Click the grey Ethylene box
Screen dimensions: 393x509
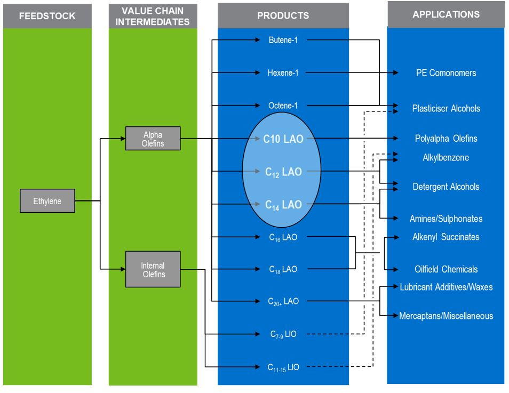(47, 201)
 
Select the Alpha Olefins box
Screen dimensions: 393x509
(153, 139)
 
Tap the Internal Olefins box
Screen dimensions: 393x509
(153, 270)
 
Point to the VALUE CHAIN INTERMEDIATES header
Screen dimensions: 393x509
(153, 15)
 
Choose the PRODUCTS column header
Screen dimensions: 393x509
(283, 15)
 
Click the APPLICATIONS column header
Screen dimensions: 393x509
(446, 14)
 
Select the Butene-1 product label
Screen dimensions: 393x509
(283, 39)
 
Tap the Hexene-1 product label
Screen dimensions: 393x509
(283, 73)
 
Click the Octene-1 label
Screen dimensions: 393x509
(283, 106)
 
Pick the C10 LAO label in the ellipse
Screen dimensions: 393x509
(283, 139)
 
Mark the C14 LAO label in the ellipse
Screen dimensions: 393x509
(283, 204)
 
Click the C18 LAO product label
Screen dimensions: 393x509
(283, 269)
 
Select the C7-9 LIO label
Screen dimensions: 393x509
(283, 334)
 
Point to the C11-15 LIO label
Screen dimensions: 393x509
(283, 367)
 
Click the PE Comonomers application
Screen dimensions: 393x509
(446, 73)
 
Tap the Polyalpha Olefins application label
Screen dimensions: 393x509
(446, 139)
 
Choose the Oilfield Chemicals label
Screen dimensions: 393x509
(446, 269)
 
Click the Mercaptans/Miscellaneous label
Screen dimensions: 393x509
(446, 316)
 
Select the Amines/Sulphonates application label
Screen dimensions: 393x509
(446, 219)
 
